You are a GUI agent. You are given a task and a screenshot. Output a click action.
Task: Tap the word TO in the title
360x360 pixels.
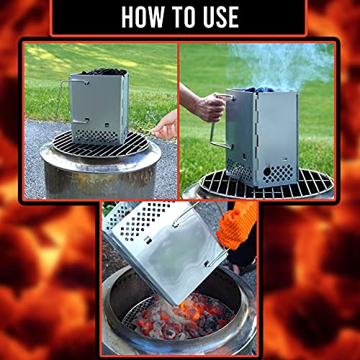180,16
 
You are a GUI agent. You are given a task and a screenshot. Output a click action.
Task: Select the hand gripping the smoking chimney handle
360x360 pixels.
208,107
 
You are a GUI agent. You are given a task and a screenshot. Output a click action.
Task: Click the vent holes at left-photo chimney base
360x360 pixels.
97,135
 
